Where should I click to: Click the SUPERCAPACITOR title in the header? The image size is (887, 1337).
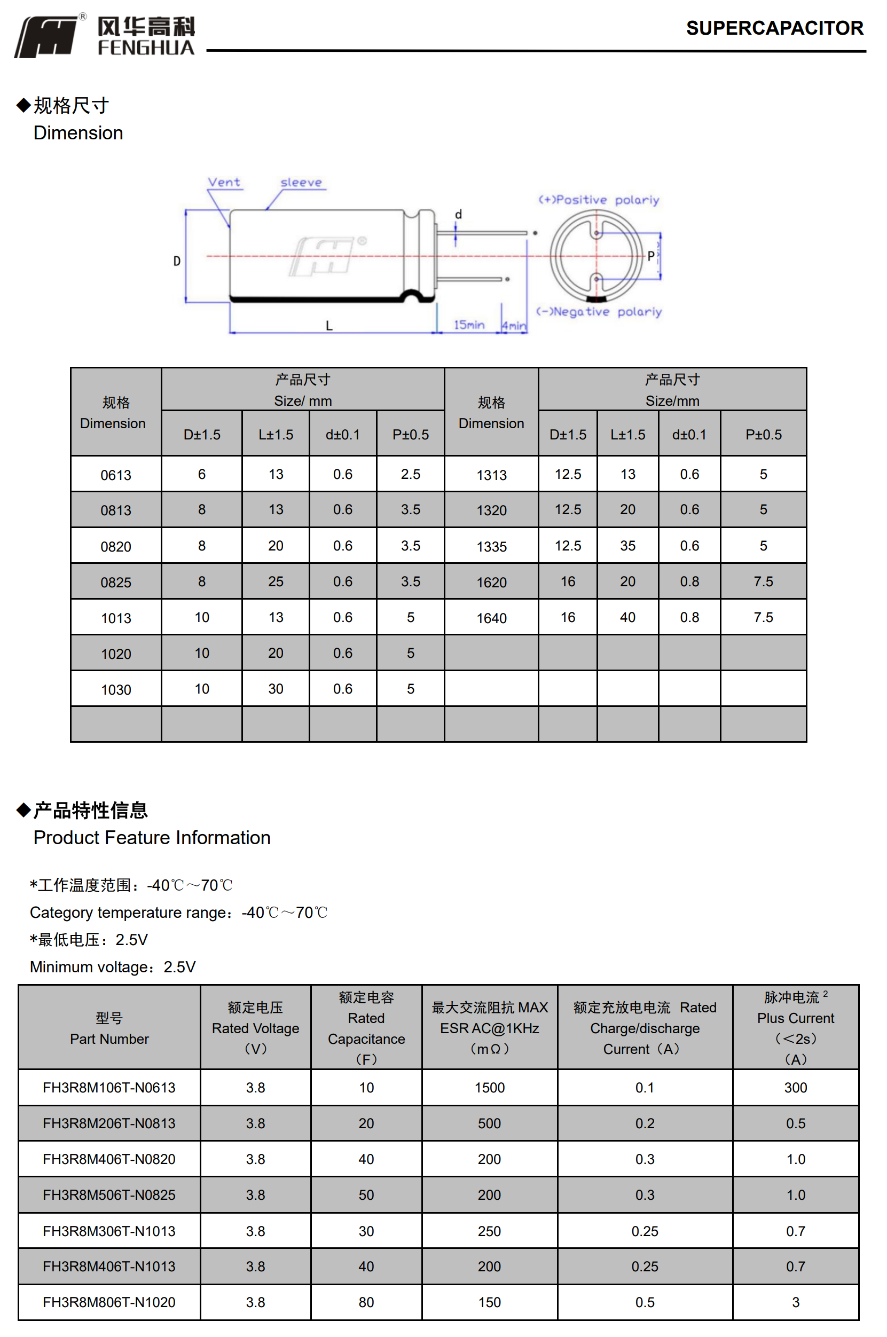[774, 28]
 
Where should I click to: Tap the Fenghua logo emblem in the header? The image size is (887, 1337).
[46, 37]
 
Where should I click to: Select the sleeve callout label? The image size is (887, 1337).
[301, 182]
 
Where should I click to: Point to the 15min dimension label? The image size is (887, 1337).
[469, 325]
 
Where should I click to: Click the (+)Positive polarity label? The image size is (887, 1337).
[599, 200]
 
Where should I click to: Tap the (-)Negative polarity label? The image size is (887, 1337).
[599, 312]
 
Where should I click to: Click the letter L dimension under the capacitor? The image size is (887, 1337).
[329, 325]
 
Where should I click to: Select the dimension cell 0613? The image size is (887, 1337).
[116, 475]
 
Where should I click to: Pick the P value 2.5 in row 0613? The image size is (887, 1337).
[410, 475]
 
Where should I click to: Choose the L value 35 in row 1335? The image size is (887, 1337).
[627, 546]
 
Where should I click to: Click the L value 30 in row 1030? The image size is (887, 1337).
[276, 689]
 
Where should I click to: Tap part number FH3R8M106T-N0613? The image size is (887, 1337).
[109, 1088]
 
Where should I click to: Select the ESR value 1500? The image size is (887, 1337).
[489, 1088]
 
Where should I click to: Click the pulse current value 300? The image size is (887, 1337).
[795, 1088]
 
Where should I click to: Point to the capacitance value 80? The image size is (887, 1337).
[366, 1302]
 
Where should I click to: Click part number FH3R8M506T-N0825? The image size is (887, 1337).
[109, 1195]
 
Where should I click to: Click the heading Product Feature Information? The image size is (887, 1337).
[152, 838]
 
